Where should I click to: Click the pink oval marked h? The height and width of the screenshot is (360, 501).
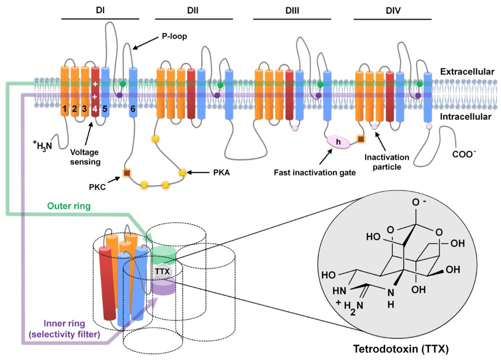click(338, 142)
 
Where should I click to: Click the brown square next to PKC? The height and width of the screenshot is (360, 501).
click(127, 173)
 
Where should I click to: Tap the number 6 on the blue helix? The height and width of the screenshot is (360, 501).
click(133, 108)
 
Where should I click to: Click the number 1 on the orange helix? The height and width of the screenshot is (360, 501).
click(65, 108)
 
